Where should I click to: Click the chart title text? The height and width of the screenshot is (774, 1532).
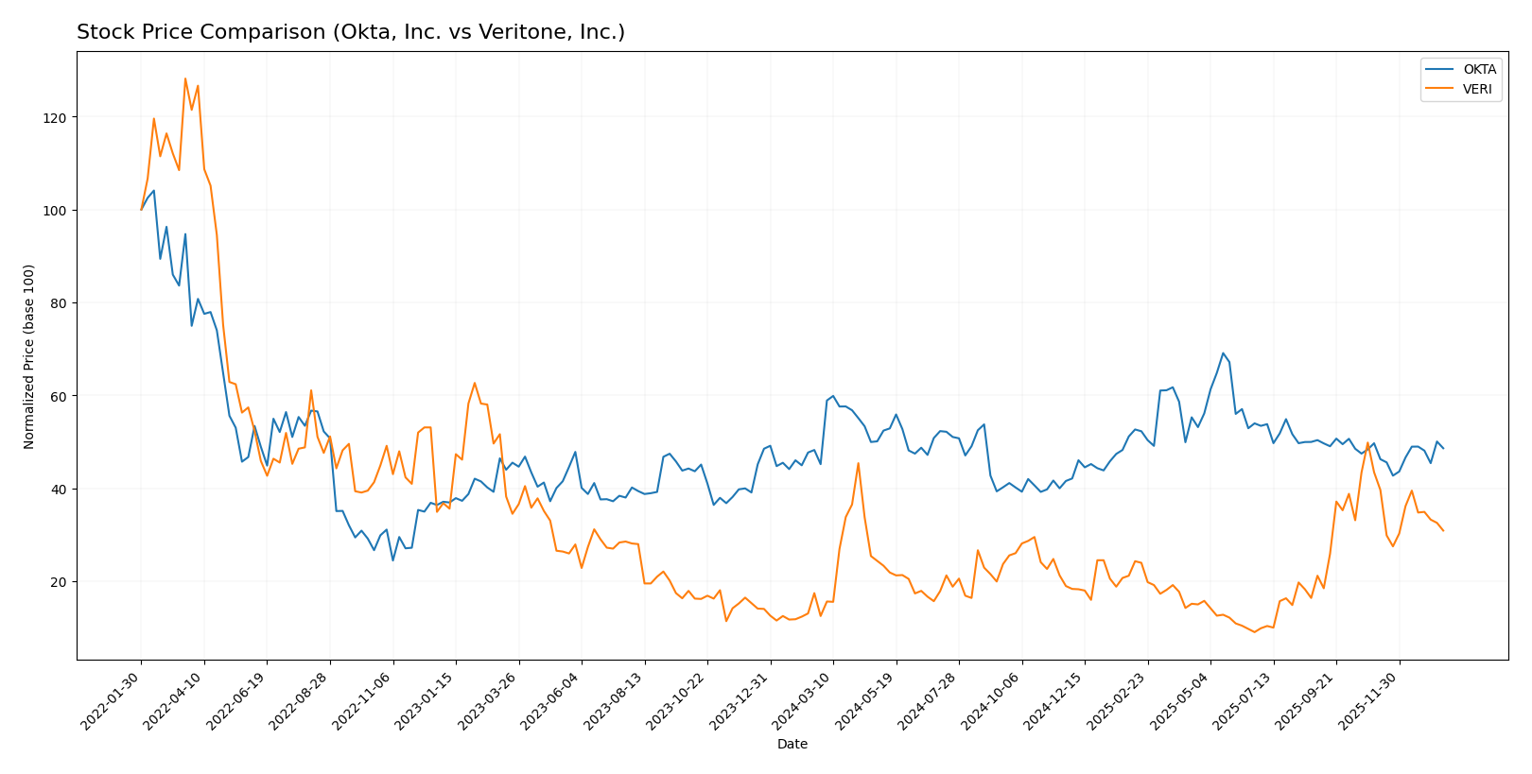pos(350,32)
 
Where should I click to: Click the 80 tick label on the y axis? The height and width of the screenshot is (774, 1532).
pos(61,303)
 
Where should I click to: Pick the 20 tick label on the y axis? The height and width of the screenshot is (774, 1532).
pos(61,582)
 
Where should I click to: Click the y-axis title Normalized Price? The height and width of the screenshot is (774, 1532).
pos(29,356)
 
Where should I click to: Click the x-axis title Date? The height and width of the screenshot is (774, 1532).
pos(792,744)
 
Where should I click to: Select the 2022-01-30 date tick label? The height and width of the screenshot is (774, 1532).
pos(112,700)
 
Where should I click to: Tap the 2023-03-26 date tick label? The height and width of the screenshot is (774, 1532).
pos(489,700)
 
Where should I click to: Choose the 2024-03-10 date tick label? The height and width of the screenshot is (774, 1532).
pos(803,700)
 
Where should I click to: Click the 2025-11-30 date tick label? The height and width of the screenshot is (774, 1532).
pos(1369,700)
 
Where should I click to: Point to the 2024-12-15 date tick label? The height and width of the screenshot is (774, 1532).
pos(1054,700)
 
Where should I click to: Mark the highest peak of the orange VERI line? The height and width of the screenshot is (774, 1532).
pos(185,78)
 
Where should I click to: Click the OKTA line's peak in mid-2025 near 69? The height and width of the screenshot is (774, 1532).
pos(1223,353)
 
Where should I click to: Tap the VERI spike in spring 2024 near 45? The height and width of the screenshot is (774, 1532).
pos(858,463)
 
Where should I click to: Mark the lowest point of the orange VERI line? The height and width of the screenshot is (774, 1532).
pos(1254,631)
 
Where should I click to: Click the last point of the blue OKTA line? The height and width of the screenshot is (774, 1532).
pos(1443,448)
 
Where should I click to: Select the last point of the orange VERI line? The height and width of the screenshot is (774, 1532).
pos(1443,531)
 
